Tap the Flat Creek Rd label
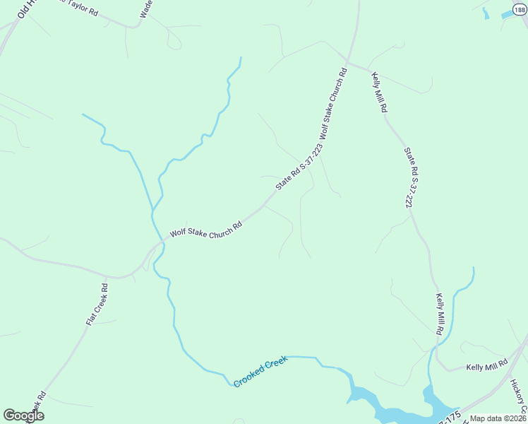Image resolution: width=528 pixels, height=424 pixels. pos(97,305)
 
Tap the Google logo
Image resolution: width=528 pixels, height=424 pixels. pos(23,416)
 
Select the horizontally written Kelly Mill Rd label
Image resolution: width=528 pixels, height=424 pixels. pos(487,367)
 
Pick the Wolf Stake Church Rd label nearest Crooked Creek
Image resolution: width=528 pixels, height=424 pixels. pos(206,230)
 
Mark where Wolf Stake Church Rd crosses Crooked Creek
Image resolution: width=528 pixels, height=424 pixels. pos(161,242)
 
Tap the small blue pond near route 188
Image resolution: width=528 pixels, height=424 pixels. pos(505,13)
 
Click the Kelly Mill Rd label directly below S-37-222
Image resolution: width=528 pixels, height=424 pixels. pos(439,314)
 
